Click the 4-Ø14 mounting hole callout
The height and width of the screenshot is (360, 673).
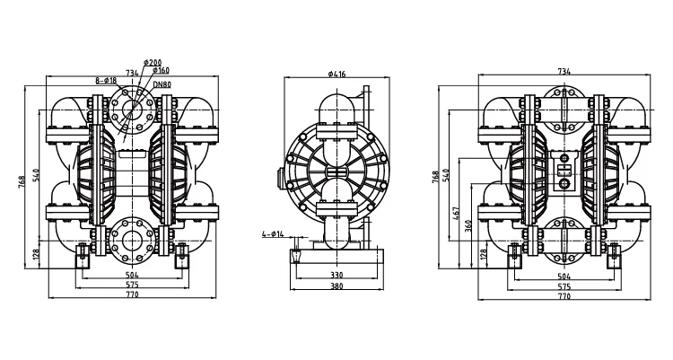click(x=271, y=234)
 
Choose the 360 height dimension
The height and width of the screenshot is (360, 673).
click(x=468, y=224)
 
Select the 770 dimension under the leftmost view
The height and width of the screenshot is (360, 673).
click(x=132, y=294)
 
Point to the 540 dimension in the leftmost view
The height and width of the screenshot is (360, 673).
click(x=36, y=175)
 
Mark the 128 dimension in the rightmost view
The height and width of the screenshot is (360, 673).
click(x=483, y=254)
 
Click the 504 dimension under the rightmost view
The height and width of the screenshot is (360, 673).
click(x=564, y=276)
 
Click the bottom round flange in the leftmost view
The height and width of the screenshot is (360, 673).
click(x=133, y=239)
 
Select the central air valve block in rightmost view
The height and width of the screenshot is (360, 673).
click(x=564, y=171)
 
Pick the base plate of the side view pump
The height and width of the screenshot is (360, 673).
click(x=333, y=259)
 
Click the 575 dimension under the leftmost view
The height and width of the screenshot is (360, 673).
click(x=132, y=285)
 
